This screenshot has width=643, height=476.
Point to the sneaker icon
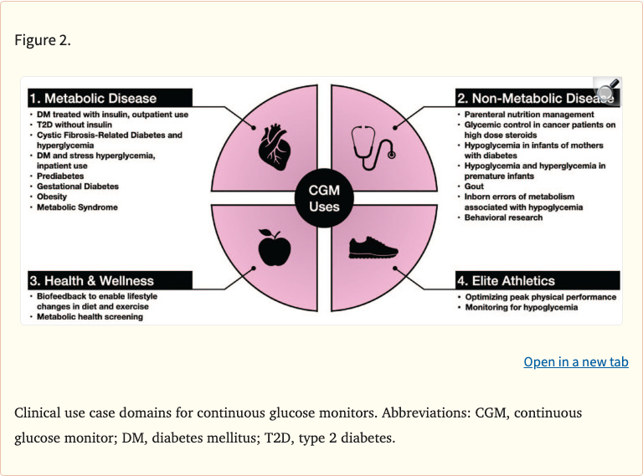(x=373, y=248)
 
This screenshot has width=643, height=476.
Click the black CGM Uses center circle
(x=324, y=198)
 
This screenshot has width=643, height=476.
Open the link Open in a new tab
(x=575, y=361)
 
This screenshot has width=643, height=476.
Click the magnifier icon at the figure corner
(x=606, y=90)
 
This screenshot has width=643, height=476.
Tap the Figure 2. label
(x=43, y=41)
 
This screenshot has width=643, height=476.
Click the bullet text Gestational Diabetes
(x=78, y=187)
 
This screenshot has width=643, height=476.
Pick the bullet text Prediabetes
(x=59, y=176)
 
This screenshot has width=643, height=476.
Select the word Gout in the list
(x=475, y=187)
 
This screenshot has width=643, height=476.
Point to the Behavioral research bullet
(x=504, y=218)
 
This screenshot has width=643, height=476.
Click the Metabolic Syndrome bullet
(x=77, y=207)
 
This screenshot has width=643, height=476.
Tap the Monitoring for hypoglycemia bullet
(x=522, y=307)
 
